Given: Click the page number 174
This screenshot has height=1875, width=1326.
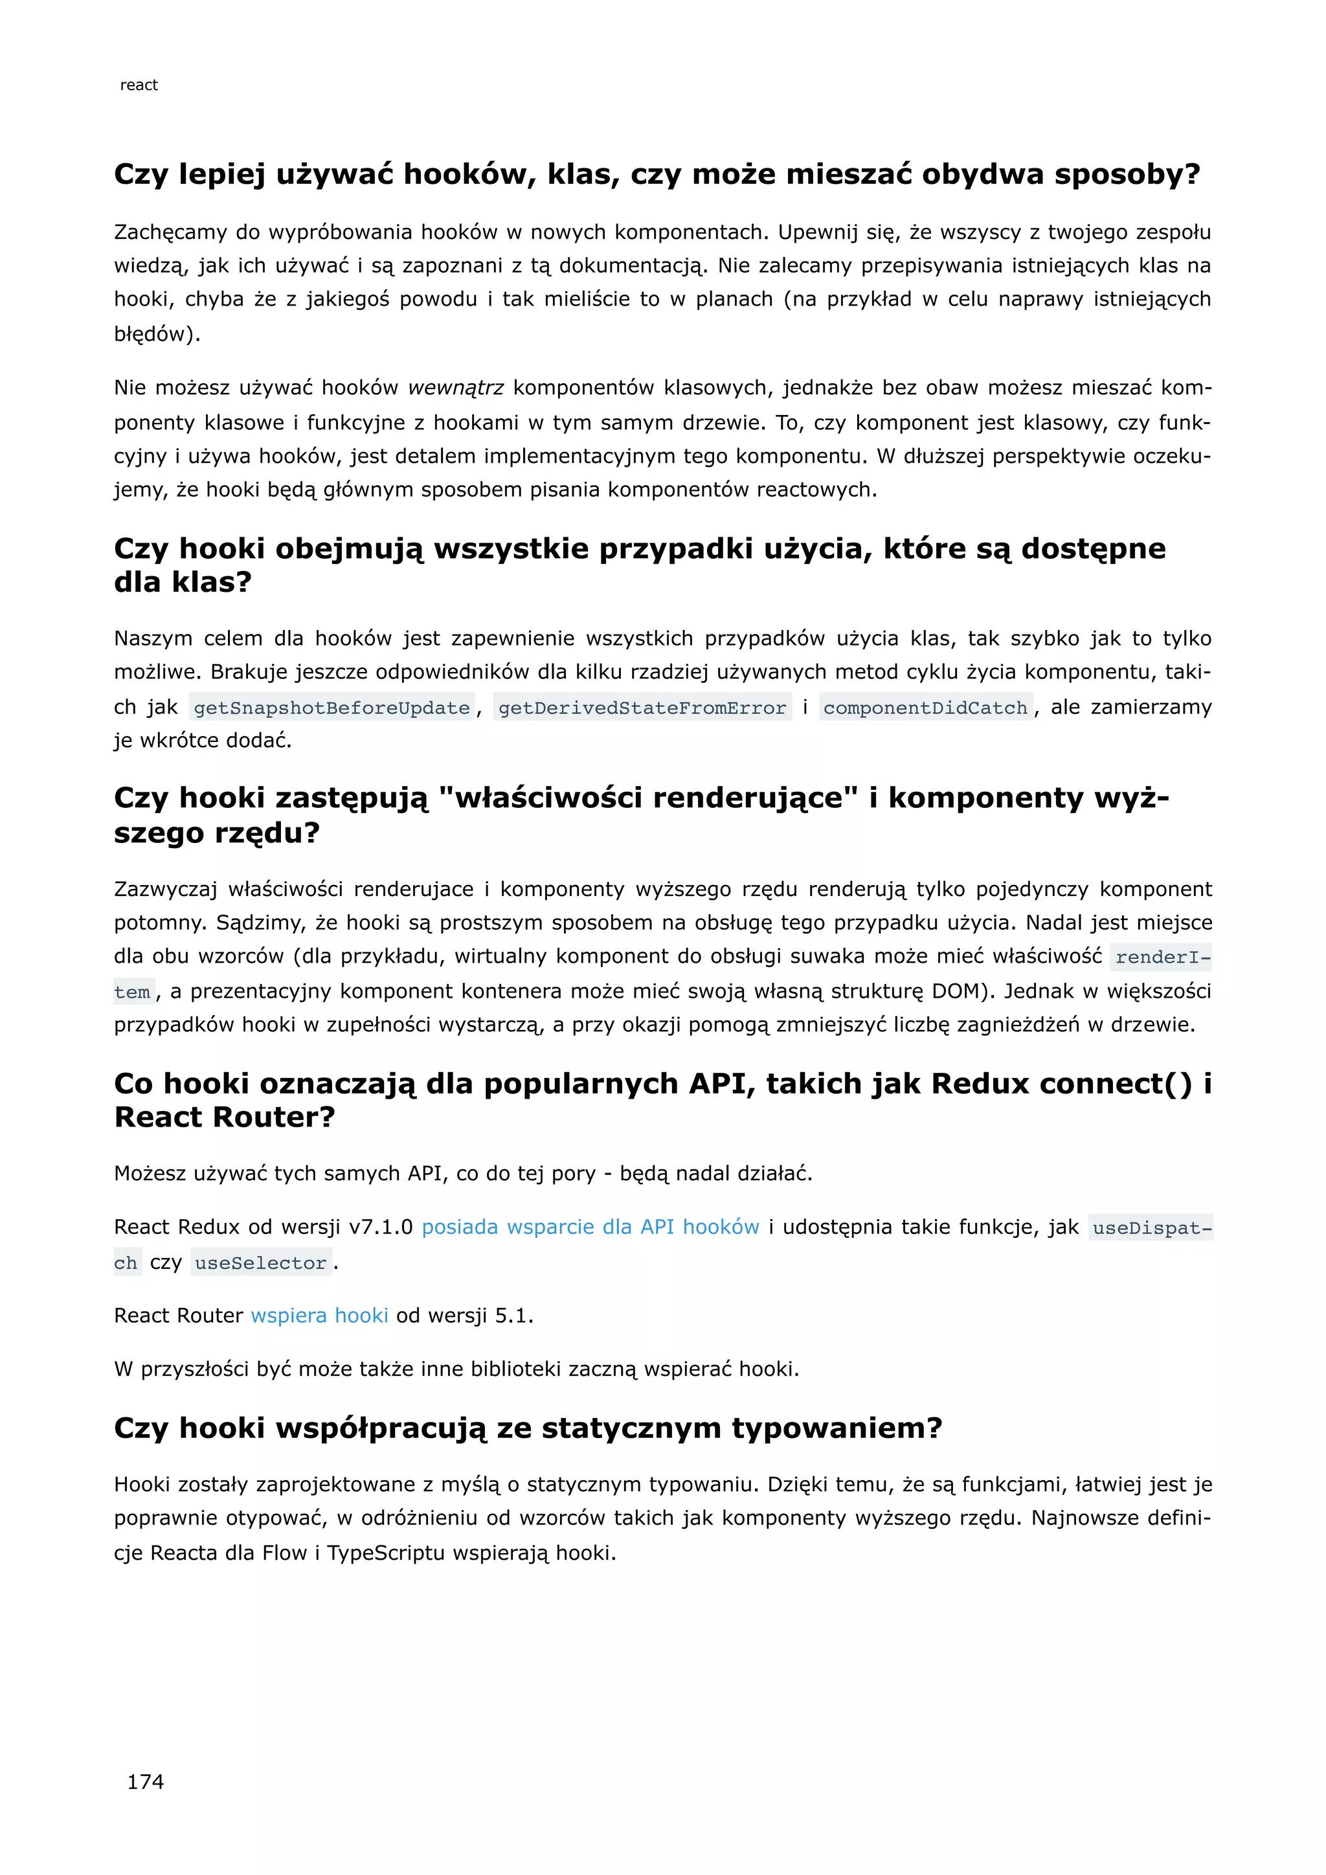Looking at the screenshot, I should tap(145, 1782).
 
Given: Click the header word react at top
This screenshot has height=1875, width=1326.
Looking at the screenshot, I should tap(139, 85).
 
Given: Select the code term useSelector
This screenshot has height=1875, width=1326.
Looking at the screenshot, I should tap(260, 1263).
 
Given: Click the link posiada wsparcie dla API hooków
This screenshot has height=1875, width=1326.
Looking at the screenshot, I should tap(590, 1227).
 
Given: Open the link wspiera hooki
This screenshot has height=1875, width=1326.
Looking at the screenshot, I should tap(319, 1316).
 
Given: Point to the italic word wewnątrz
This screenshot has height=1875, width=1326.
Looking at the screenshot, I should tap(456, 387).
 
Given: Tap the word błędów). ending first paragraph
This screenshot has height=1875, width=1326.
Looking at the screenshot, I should tap(157, 333).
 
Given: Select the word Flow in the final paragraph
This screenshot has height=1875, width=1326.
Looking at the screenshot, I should tap(284, 1553).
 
